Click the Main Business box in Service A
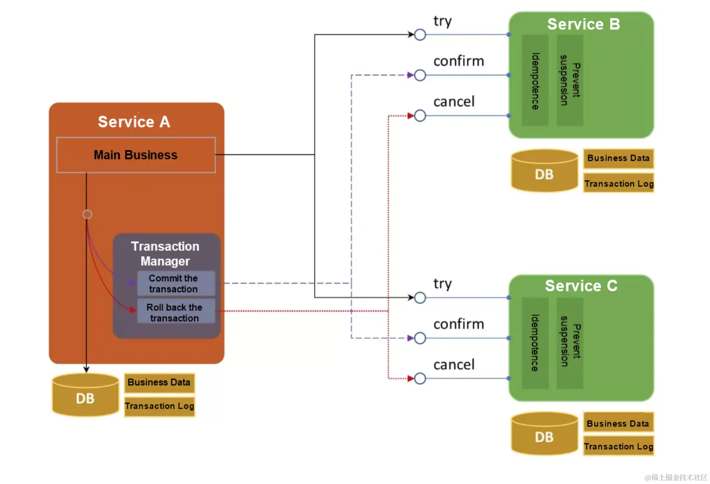(x=136, y=155)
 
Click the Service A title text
(x=134, y=122)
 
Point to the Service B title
(x=583, y=24)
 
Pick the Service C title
(x=581, y=286)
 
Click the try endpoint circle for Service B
(x=420, y=35)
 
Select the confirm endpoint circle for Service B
(x=420, y=75)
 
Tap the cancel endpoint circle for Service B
(x=420, y=116)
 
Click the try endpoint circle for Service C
(x=420, y=298)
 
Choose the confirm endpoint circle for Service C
(x=420, y=338)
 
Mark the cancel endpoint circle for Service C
(x=420, y=379)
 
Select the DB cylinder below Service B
(x=545, y=171)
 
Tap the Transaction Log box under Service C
(x=618, y=446)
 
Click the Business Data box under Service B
(x=618, y=158)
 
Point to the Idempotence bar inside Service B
(x=535, y=81)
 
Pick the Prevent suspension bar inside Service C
(x=570, y=343)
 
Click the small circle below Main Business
(x=87, y=214)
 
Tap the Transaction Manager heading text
(x=165, y=254)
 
